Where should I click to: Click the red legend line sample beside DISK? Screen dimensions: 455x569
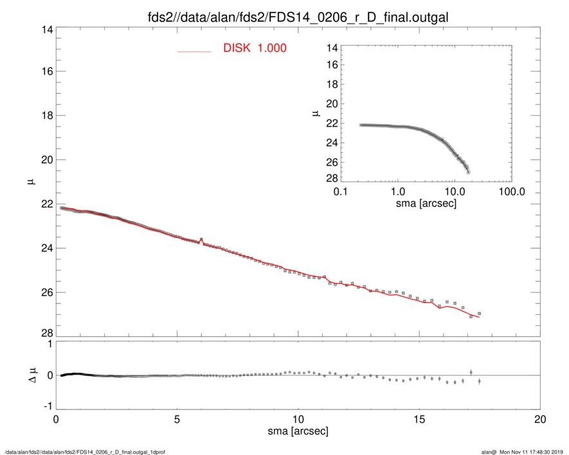click(194, 51)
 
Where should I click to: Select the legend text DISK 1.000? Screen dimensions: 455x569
click(255, 49)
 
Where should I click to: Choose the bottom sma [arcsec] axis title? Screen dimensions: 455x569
click(298, 431)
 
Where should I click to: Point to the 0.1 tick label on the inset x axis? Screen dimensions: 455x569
click(341, 192)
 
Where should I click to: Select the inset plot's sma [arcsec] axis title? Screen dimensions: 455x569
click(426, 204)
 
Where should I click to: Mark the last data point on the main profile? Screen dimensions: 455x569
click(480, 314)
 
